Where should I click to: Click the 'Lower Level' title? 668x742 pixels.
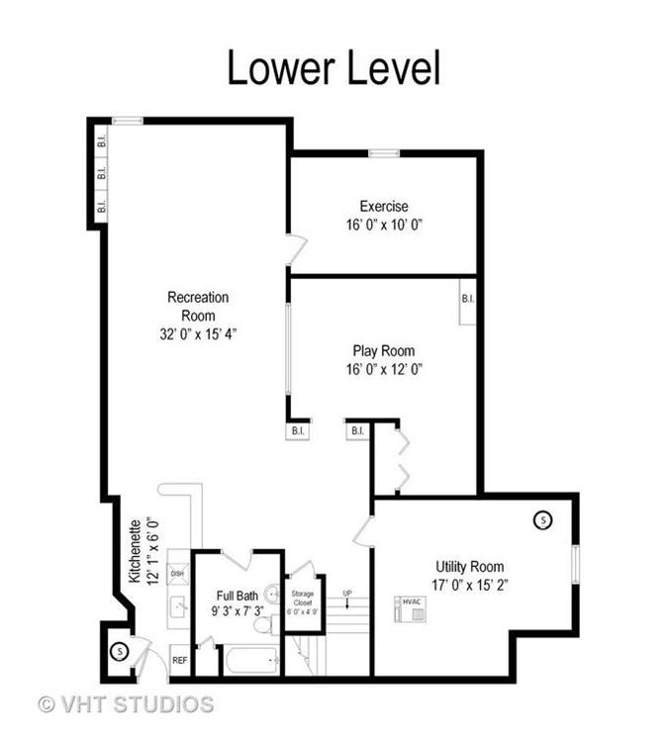[334, 67]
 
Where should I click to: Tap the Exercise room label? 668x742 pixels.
[383, 207]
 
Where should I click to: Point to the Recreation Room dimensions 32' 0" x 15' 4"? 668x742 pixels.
[197, 333]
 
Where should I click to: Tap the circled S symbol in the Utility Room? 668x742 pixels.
[542, 519]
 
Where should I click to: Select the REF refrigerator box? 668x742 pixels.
[179, 660]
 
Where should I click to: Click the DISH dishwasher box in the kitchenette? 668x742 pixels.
[177, 573]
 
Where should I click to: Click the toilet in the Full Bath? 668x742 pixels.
[262, 624]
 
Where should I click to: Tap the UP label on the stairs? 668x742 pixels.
[347, 593]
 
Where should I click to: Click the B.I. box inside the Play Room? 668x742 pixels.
[467, 298]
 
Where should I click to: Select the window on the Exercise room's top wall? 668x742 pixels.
[383, 152]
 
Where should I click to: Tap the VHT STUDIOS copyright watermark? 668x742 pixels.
[126, 704]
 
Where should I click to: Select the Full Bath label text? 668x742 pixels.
[238, 596]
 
